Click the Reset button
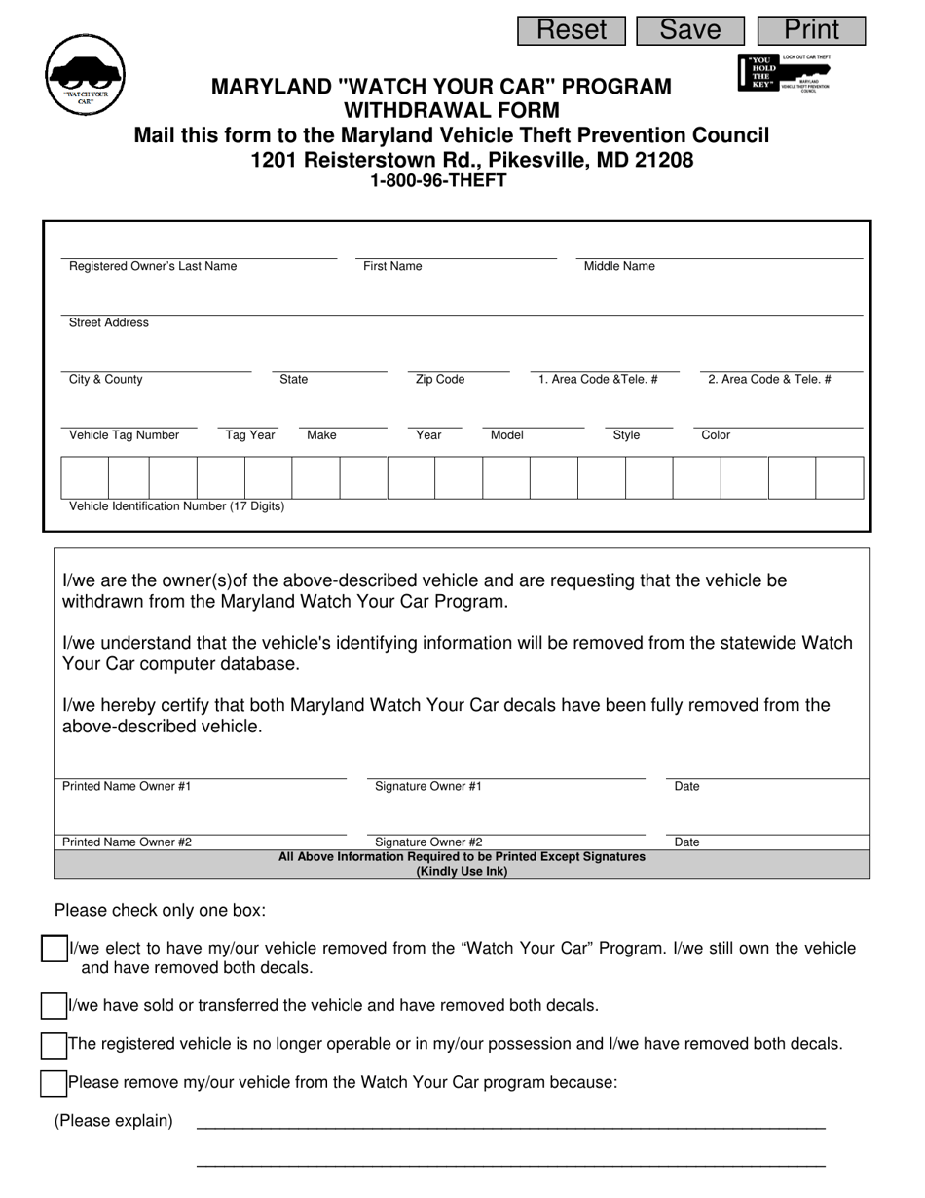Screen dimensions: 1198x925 point(572,30)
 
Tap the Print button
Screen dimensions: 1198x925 point(811,30)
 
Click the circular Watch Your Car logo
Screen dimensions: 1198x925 point(86,75)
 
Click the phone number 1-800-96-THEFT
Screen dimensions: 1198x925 point(438,180)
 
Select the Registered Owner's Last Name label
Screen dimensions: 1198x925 point(153,266)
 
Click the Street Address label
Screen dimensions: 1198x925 point(109,322)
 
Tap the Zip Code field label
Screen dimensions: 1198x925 point(440,379)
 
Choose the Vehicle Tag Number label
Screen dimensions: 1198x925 point(125,435)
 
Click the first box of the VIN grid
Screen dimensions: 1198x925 point(85,478)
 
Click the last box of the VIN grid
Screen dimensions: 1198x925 point(839,478)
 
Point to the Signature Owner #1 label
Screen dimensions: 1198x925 point(428,786)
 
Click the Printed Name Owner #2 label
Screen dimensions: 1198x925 point(128,842)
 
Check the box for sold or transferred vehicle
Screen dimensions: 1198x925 point(54,1006)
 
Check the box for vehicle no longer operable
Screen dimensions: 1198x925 point(54,1045)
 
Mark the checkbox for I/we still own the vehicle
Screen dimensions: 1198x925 point(54,949)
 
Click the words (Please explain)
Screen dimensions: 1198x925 point(114,1120)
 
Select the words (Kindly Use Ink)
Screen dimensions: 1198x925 point(462,871)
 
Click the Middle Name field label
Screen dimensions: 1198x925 point(619,266)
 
